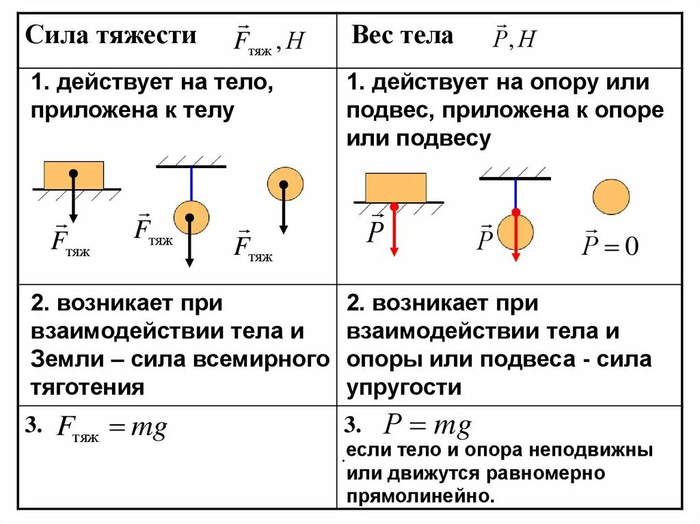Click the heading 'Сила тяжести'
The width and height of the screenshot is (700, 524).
111,36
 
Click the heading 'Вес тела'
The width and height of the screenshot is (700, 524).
402,36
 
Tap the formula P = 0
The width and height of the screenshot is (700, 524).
609,245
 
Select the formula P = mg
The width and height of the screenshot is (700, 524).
427,427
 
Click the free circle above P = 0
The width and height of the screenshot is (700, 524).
610,197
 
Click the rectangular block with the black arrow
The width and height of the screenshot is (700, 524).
74,175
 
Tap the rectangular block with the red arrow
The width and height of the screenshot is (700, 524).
396,187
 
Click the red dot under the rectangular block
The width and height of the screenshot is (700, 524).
394,206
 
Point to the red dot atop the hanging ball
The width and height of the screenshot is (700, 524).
516,212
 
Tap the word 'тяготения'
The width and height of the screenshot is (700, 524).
87,388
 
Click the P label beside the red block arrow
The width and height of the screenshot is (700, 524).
375,231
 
